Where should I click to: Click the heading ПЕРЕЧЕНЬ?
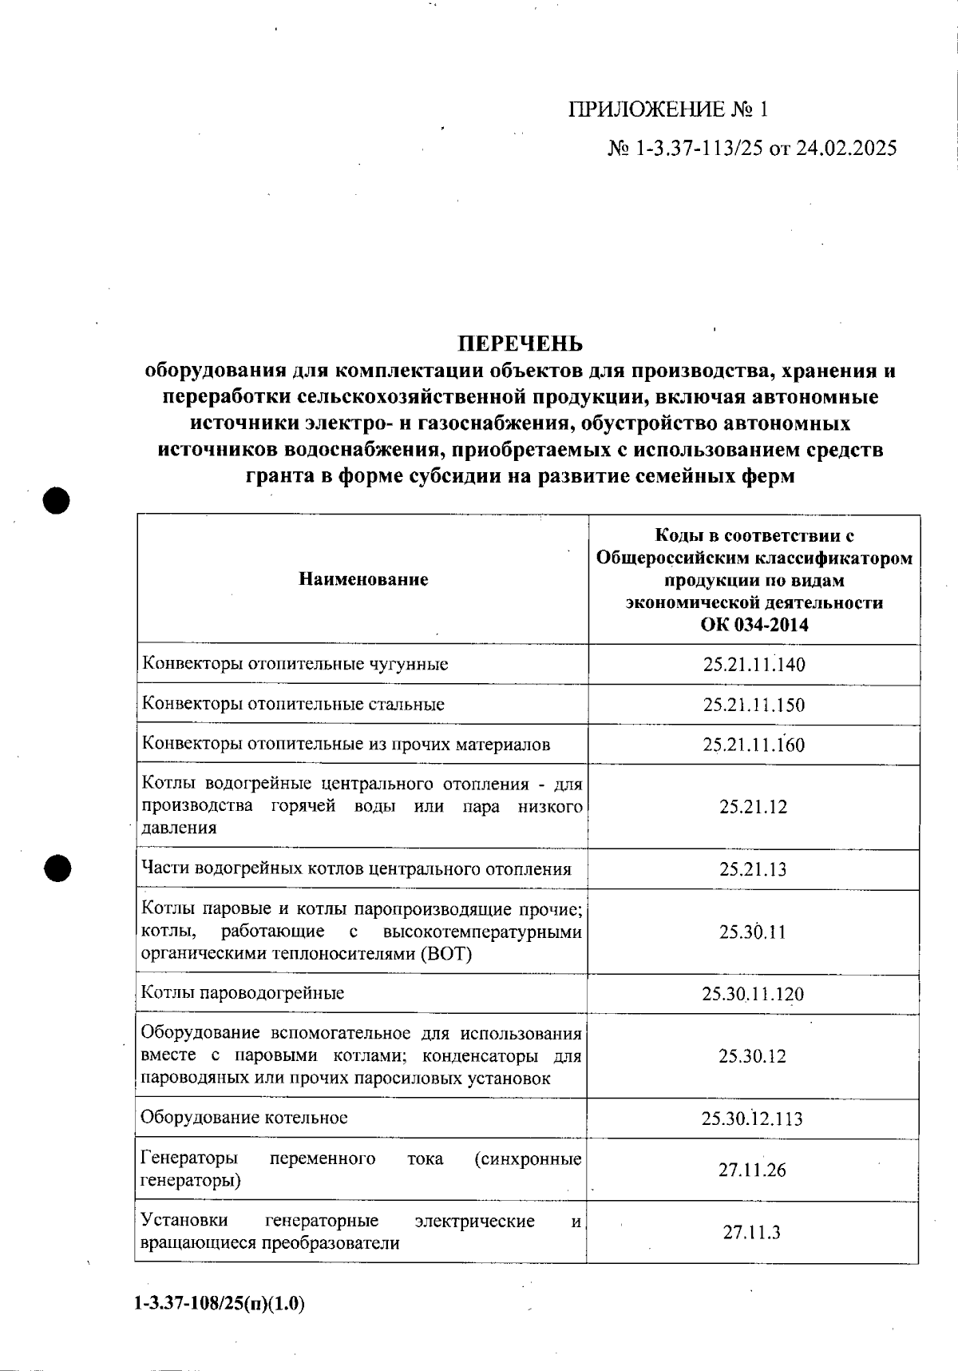(520, 344)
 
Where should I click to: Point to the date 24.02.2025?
(846, 149)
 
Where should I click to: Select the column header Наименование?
(363, 579)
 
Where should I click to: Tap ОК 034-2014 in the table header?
(754, 625)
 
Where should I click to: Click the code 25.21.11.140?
(754, 664)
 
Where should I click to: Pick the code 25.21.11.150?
(754, 705)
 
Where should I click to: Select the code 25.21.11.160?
(754, 745)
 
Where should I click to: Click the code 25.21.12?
(753, 807)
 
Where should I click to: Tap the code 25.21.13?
(753, 869)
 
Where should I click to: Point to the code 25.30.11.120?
(753, 994)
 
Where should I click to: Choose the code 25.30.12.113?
(753, 1119)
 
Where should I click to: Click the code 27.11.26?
(752, 1170)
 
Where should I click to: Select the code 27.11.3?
(752, 1232)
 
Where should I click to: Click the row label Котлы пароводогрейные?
(243, 993)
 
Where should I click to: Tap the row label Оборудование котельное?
(244, 1117)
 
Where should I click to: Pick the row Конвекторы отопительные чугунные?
(295, 664)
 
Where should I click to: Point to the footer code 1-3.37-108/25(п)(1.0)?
(220, 1305)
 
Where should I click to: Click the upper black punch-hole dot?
(57, 501)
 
